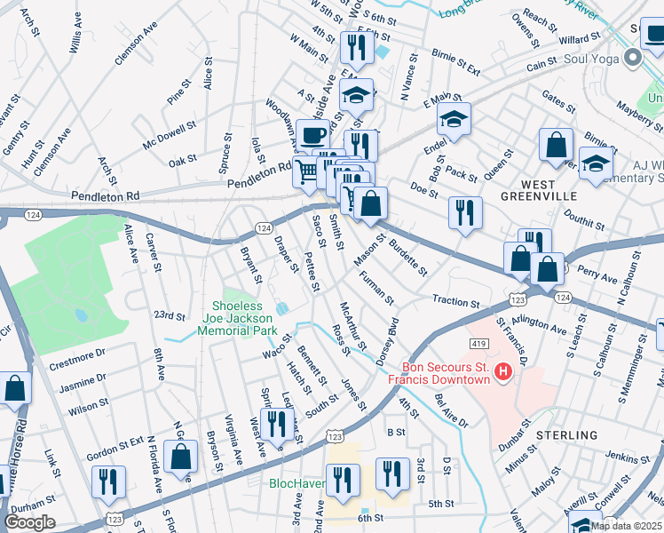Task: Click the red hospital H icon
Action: pos(503,371)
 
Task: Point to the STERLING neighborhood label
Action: pos(567,435)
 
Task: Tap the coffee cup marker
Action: pos(312,135)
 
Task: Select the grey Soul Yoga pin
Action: pos(633,59)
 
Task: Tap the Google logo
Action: pos(29,522)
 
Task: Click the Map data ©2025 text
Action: pos(627,526)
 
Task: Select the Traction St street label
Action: pos(456,302)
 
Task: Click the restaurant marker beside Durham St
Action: pos(109,481)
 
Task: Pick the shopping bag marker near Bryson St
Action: pos(181,457)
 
